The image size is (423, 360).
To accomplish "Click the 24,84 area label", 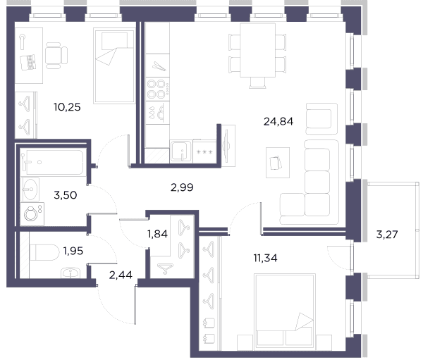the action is click(x=278, y=122).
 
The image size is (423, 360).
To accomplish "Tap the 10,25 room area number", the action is click(x=67, y=107).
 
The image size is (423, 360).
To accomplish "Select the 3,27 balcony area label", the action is click(x=387, y=235).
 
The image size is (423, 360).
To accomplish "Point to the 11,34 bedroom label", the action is click(x=265, y=258).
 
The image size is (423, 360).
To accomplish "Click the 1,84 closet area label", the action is click(x=157, y=234).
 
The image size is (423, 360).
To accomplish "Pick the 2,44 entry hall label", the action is click(x=121, y=275).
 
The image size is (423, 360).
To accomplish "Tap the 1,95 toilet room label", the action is click(x=73, y=251).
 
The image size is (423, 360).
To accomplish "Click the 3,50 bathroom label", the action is click(x=66, y=195).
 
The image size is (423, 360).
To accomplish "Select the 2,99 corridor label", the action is click(x=182, y=187).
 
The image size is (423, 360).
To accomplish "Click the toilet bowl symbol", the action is click(x=44, y=253).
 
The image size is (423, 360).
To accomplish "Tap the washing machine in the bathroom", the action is click(x=32, y=214).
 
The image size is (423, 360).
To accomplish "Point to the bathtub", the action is click(x=54, y=162).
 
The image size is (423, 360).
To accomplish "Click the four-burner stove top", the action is click(x=157, y=89).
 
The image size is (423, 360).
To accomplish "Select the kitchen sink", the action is click(x=181, y=151).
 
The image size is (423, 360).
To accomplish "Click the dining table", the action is click(x=257, y=50).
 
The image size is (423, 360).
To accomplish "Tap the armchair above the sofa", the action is click(x=321, y=118).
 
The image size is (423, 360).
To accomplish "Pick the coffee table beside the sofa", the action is click(x=278, y=163).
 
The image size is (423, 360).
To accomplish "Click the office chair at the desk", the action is click(x=56, y=55).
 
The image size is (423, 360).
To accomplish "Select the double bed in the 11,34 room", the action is click(x=285, y=310).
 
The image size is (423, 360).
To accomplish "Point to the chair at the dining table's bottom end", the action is click(x=257, y=83).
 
